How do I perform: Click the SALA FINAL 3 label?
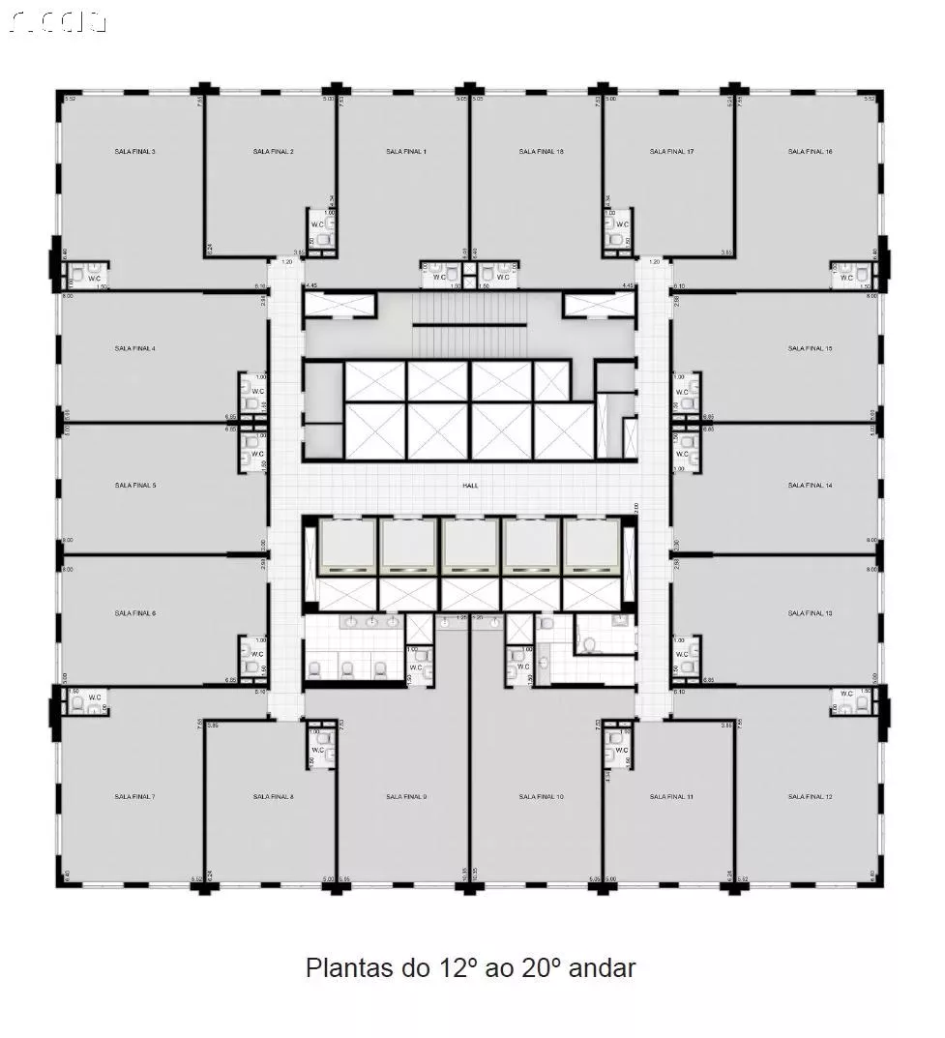(x=134, y=152)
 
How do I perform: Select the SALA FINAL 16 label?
(x=810, y=152)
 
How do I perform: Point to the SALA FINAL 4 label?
(x=134, y=348)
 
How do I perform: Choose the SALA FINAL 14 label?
(x=810, y=486)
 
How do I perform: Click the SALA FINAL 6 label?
(x=134, y=613)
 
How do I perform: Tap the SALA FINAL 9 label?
(x=405, y=797)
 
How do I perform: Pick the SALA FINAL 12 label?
(x=810, y=797)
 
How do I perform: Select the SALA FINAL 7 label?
(x=134, y=797)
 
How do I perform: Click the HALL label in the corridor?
(x=471, y=487)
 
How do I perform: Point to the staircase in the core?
(x=469, y=324)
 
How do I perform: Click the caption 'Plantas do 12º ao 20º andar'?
(x=471, y=967)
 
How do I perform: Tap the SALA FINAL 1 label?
(x=405, y=152)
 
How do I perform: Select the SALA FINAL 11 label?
(x=671, y=797)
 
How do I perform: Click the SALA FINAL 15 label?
(x=810, y=348)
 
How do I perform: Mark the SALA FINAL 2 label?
(x=273, y=152)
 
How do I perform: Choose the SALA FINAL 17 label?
(x=671, y=152)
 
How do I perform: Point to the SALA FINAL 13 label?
(x=810, y=613)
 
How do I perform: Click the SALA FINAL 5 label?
(x=134, y=486)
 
